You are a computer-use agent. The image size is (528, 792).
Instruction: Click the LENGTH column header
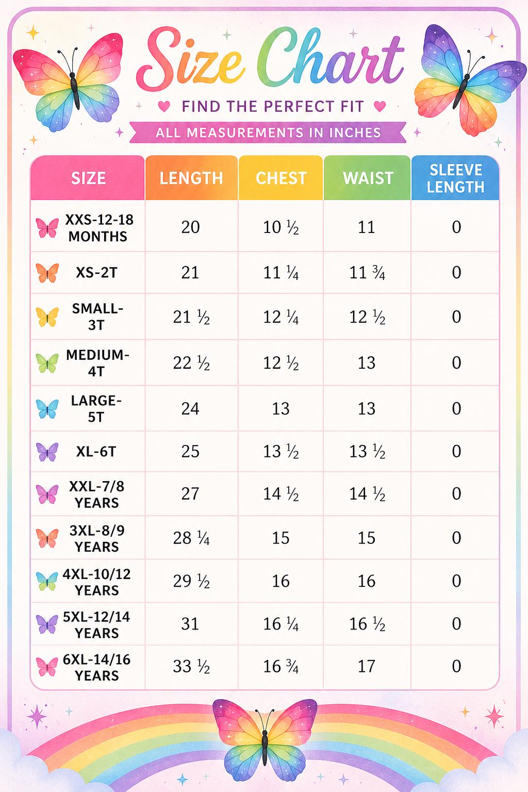pyautogui.click(x=191, y=178)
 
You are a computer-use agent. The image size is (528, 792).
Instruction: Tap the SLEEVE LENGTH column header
pyautogui.click(x=455, y=178)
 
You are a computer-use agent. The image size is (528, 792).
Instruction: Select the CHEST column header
pyautogui.click(x=281, y=178)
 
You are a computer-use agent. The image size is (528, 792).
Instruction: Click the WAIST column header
pyautogui.click(x=368, y=178)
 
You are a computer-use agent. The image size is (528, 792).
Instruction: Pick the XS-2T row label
pyautogui.click(x=96, y=272)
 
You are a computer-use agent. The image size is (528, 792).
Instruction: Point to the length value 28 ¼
pyautogui.click(x=191, y=538)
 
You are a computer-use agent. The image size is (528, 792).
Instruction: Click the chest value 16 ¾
pyautogui.click(x=281, y=667)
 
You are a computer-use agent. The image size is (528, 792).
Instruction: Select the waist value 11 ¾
pyautogui.click(x=367, y=273)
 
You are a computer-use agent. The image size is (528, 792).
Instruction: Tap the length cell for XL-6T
pyautogui.click(x=190, y=452)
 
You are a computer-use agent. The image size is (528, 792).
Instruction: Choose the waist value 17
pyautogui.click(x=367, y=667)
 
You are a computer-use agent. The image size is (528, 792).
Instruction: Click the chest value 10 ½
pyautogui.click(x=281, y=227)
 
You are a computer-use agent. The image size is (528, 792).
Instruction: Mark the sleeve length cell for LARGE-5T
pyautogui.click(x=456, y=409)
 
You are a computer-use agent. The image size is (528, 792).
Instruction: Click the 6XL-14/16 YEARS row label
pyautogui.click(x=96, y=668)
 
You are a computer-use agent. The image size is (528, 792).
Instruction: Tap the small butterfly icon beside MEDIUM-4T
pyautogui.click(x=47, y=363)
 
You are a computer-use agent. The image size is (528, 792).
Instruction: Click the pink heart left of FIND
pyautogui.click(x=164, y=106)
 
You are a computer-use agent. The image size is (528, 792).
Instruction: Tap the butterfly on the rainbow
pyautogui.click(x=265, y=738)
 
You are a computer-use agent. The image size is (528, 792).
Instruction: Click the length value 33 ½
pyautogui.click(x=191, y=667)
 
